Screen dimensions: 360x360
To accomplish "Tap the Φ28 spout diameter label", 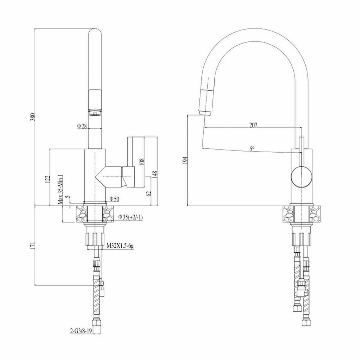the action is [x=82, y=126].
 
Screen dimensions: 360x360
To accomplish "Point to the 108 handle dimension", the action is [x=141, y=162].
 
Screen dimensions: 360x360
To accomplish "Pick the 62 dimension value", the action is [x=149, y=193].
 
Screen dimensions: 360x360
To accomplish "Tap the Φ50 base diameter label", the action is [x=114, y=199].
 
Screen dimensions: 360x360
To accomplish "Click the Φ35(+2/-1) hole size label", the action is [x=130, y=217].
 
